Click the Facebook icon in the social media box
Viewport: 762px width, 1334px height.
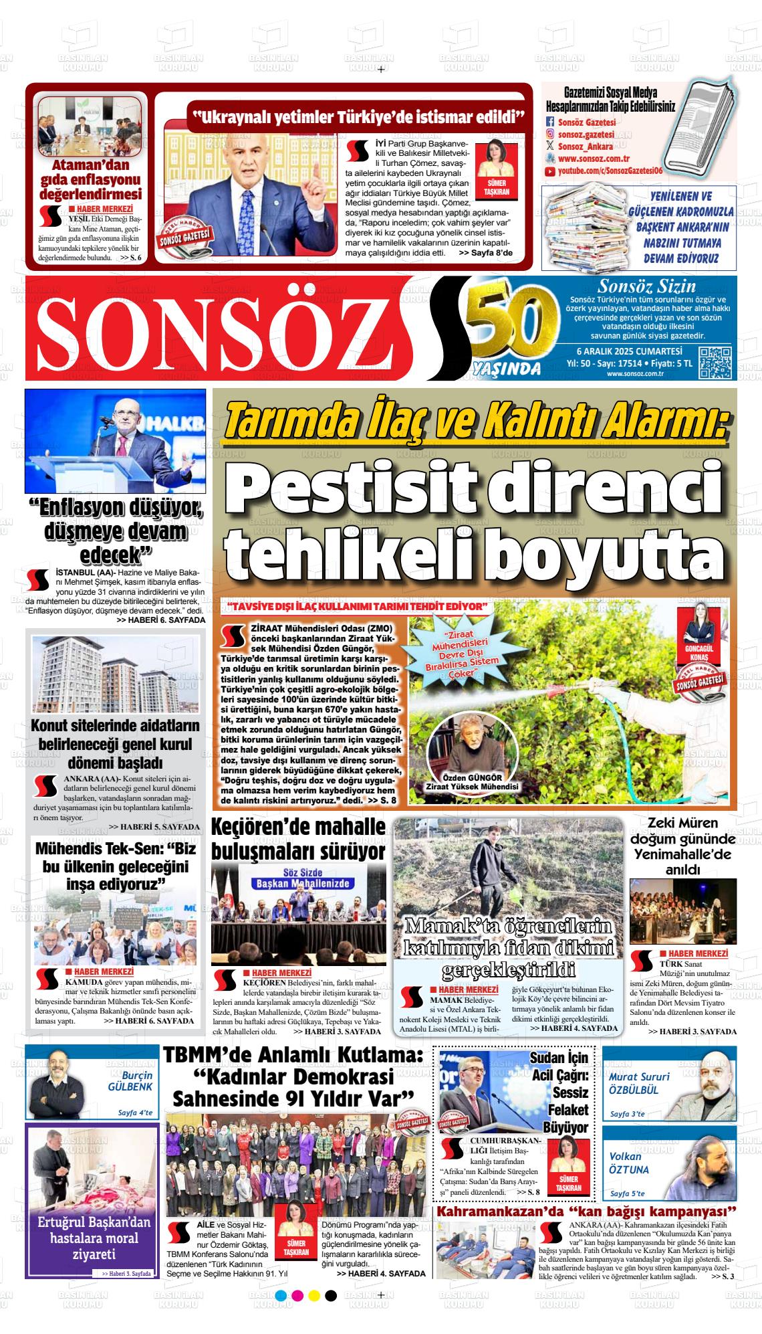(550, 122)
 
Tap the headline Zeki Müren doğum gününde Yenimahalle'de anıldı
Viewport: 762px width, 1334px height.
(682, 846)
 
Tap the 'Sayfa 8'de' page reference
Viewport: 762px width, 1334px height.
(485, 254)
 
